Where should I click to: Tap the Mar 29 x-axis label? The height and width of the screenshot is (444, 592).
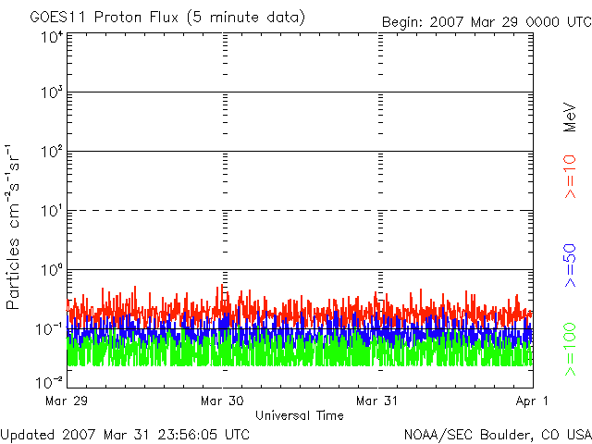pyautogui.click(x=67, y=401)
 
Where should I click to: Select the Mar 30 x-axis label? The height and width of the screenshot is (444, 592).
pyautogui.click(x=222, y=401)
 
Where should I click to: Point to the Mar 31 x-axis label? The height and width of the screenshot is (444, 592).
pyautogui.click(x=377, y=401)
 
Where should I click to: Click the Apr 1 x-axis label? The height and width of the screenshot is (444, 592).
pyautogui.click(x=532, y=401)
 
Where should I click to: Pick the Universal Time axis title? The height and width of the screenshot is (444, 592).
pyautogui.click(x=300, y=415)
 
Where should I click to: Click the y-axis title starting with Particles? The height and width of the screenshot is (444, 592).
pyautogui.click(x=12, y=227)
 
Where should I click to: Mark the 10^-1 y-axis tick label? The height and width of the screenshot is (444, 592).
pyautogui.click(x=49, y=329)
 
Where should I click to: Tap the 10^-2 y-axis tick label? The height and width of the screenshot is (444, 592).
pyautogui.click(x=49, y=382)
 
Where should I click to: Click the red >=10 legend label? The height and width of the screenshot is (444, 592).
pyautogui.click(x=570, y=177)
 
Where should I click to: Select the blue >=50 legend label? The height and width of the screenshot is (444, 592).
pyautogui.click(x=570, y=265)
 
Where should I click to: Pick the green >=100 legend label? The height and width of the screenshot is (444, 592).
pyautogui.click(x=570, y=350)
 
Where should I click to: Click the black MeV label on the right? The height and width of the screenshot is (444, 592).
pyautogui.click(x=570, y=117)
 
